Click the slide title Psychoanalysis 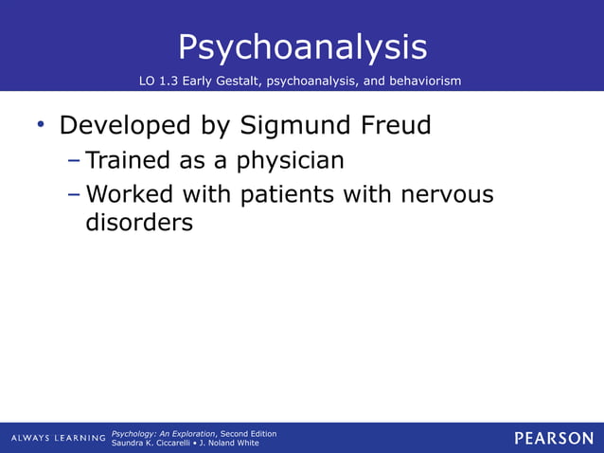tap(302, 46)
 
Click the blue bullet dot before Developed tap(41, 124)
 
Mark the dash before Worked tap(75, 195)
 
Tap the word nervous tap(447, 195)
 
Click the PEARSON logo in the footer tap(553, 438)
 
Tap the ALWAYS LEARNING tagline tap(59, 438)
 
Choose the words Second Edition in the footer tap(248, 433)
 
